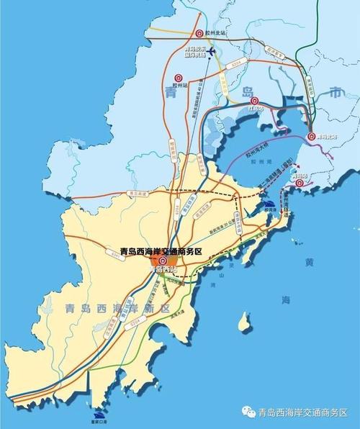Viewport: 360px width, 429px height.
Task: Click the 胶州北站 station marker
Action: pyautogui.click(x=197, y=33)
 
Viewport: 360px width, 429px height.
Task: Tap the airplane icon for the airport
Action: pyautogui.click(x=211, y=50)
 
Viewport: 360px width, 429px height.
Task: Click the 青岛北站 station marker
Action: pyautogui.click(x=311, y=135)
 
